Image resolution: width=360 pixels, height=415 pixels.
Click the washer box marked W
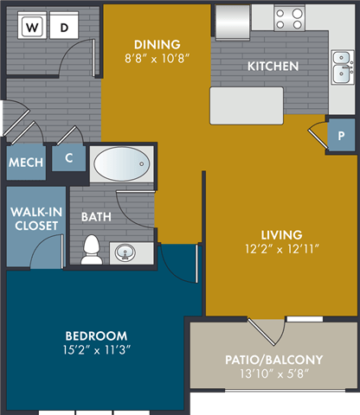coord(32,27)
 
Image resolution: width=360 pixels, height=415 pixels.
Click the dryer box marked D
coord(63,27)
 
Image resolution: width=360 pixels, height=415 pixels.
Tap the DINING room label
coord(157,45)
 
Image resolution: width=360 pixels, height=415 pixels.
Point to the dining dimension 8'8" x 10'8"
coord(157,60)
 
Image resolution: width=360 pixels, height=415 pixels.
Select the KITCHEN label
coord(273,66)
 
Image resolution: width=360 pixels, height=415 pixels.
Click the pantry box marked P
coord(340,137)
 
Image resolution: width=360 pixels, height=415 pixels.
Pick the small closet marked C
coord(68,158)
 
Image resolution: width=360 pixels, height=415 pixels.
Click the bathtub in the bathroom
coord(122,163)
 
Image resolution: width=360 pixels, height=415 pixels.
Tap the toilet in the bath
coord(91,250)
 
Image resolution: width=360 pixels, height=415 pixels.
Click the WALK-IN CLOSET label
coord(35,218)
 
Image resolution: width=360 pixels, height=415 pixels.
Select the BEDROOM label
coord(97,335)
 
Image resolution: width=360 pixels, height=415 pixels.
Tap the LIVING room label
coord(282,234)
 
